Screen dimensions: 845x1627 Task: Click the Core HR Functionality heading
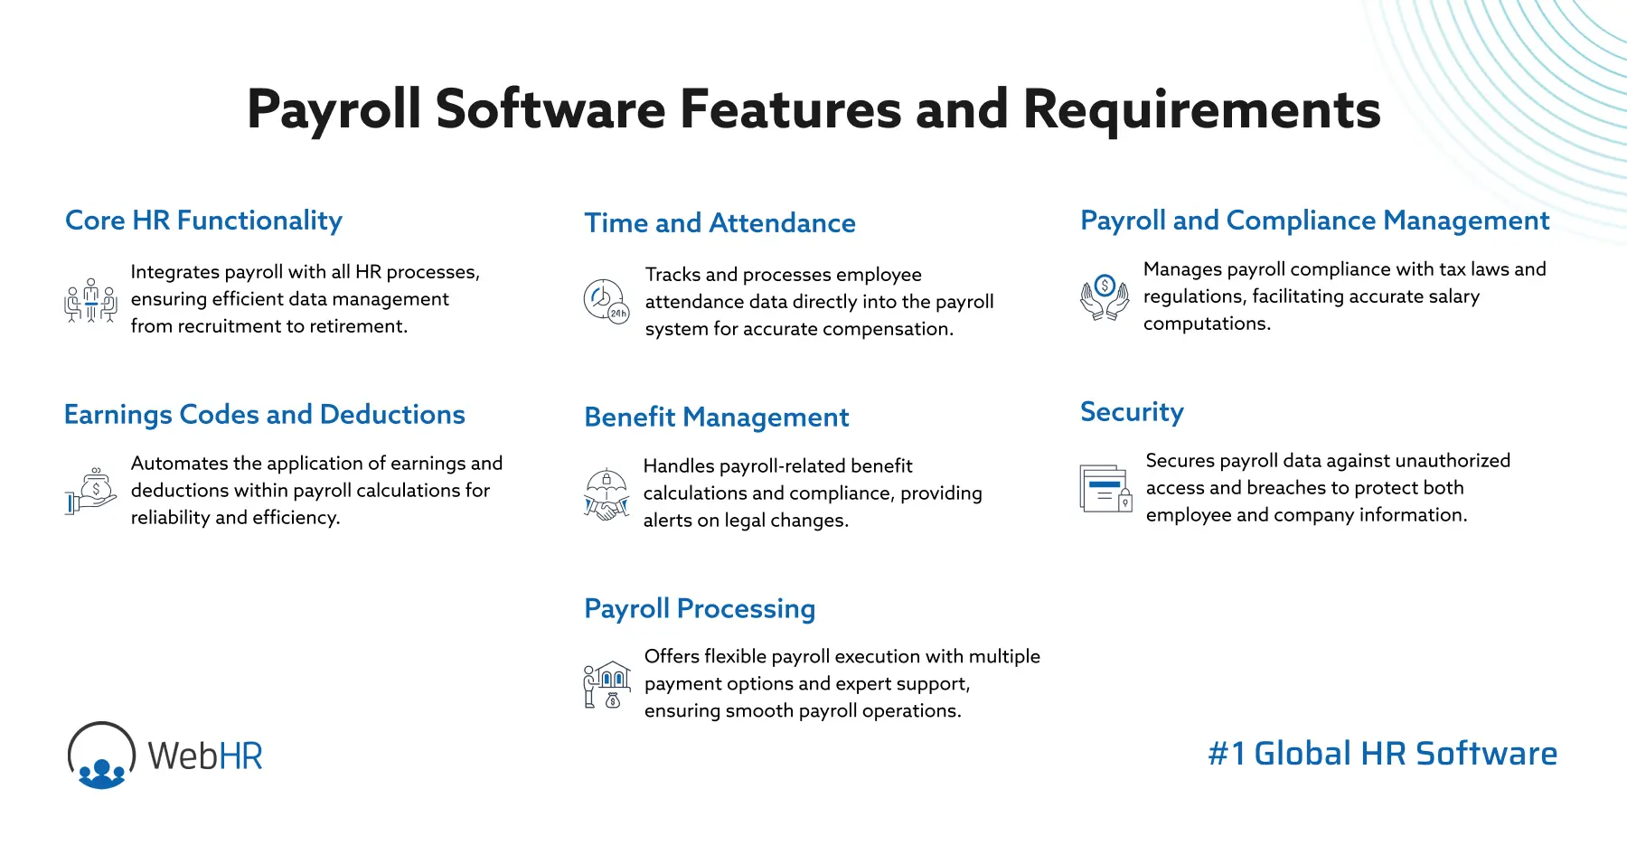203,221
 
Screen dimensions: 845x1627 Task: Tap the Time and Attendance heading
719,223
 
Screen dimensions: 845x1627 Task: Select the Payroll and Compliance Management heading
1314,221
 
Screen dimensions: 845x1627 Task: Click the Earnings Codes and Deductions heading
264,415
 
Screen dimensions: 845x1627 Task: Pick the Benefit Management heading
716,418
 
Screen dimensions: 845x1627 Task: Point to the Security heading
1132,412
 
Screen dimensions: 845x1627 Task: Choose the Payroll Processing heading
700,609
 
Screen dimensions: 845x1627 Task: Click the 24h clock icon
606,301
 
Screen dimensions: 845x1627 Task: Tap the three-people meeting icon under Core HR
90,301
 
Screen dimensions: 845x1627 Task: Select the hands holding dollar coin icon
1105,297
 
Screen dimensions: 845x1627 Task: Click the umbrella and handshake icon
606,493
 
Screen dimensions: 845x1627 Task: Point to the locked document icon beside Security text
1105,489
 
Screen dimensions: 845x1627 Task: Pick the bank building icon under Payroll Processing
607,684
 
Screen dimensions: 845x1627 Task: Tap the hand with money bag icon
90,492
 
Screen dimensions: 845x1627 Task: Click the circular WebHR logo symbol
101,756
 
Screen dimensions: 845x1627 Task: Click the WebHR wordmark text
205,756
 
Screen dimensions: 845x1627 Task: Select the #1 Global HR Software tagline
1382,754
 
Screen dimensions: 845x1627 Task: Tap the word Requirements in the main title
1201,109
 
